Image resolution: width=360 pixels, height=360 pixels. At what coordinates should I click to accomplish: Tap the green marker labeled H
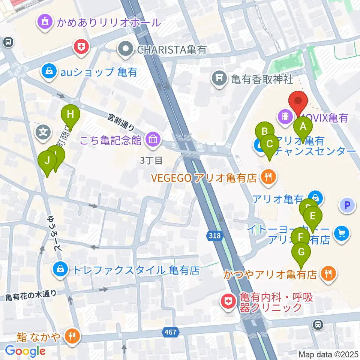(x=70, y=113)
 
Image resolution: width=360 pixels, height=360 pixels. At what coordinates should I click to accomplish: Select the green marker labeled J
(x=47, y=160)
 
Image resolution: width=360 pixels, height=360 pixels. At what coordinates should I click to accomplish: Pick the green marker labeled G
(x=301, y=252)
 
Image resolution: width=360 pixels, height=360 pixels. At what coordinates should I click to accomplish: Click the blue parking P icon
(x=347, y=205)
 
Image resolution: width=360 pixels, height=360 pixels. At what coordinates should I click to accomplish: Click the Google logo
(x=25, y=351)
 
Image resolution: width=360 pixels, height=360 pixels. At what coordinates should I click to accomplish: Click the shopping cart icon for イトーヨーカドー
(x=342, y=233)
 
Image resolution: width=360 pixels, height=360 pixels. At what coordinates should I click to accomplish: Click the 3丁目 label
(x=151, y=160)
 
